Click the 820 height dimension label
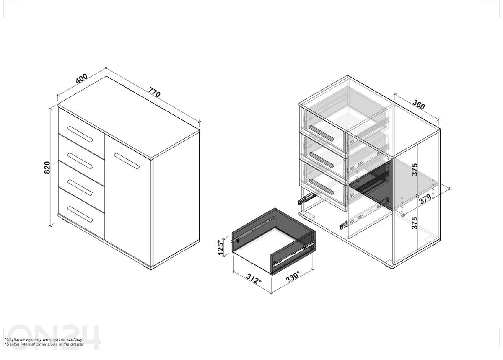click(x=47, y=167)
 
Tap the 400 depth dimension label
click(x=81, y=78)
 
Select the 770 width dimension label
click(x=154, y=92)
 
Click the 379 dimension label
click(x=425, y=199)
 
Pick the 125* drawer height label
click(x=220, y=247)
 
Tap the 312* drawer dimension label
click(x=254, y=279)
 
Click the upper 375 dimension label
click(x=414, y=170)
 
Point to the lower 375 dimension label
click(x=414, y=223)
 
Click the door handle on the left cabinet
click(x=127, y=161)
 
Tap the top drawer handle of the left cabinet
click(x=80, y=134)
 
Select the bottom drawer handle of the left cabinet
click(x=80, y=214)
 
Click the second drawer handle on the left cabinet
click(x=80, y=161)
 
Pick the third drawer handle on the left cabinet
click(x=80, y=188)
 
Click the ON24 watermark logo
click(x=54, y=337)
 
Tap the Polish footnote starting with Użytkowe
click(x=44, y=339)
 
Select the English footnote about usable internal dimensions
click(x=44, y=344)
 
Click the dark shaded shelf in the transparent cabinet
click(x=371, y=184)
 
